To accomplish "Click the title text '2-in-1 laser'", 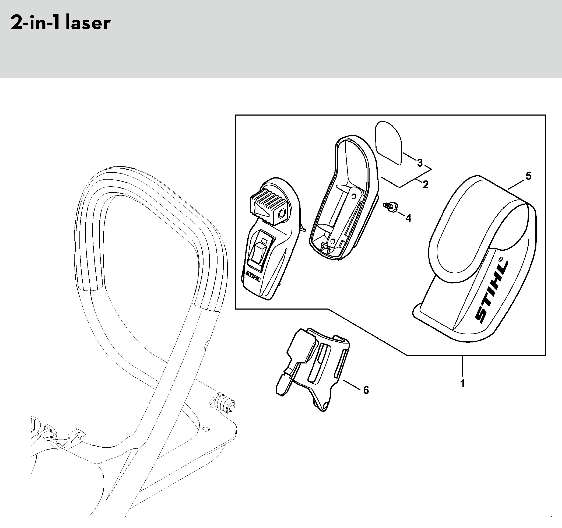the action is [60, 23].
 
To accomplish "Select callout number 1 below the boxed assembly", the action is [463, 384].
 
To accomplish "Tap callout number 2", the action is [425, 185].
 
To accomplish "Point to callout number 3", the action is [420, 163].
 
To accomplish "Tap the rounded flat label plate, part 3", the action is [388, 143].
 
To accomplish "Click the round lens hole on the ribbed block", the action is [282, 215].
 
